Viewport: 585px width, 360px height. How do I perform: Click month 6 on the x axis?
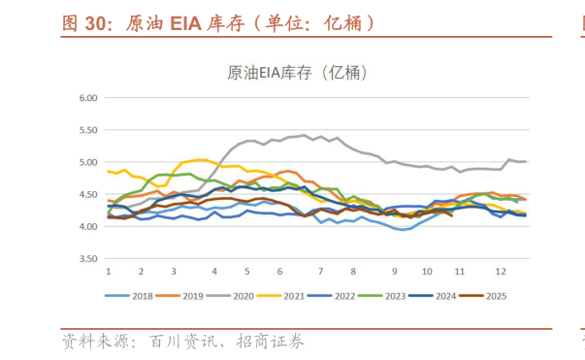pyautogui.click(x=279, y=272)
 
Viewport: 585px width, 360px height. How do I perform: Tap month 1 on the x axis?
pyautogui.click(x=108, y=272)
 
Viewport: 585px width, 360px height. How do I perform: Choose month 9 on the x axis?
pyautogui.click(x=395, y=272)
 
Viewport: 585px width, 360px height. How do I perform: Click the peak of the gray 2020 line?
pyautogui.click(x=305, y=135)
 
